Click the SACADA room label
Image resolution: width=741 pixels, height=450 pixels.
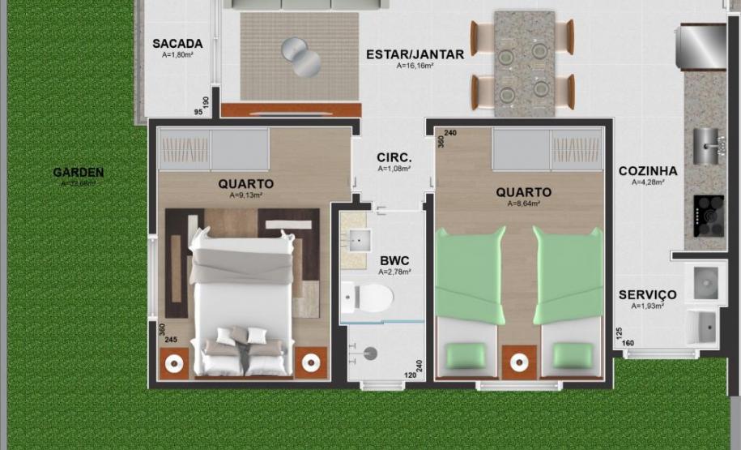[x=177, y=44]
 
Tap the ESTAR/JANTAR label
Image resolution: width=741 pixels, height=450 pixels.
[x=415, y=54]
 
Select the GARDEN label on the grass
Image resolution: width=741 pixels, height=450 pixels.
[x=78, y=172]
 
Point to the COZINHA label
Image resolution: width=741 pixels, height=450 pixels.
[x=648, y=171]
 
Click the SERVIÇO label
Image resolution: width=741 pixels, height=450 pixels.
[x=647, y=294]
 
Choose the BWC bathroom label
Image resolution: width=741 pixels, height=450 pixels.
[x=394, y=261]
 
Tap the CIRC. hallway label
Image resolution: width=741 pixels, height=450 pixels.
[x=394, y=157]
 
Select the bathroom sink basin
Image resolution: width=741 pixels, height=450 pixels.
[x=357, y=239]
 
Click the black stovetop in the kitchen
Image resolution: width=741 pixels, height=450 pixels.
[x=709, y=216]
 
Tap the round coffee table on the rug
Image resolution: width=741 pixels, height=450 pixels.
[x=300, y=56]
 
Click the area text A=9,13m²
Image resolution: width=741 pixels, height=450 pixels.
[x=245, y=195]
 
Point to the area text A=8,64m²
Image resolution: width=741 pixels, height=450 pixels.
[x=523, y=204]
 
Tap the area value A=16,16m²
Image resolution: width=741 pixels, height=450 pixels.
[x=414, y=66]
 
